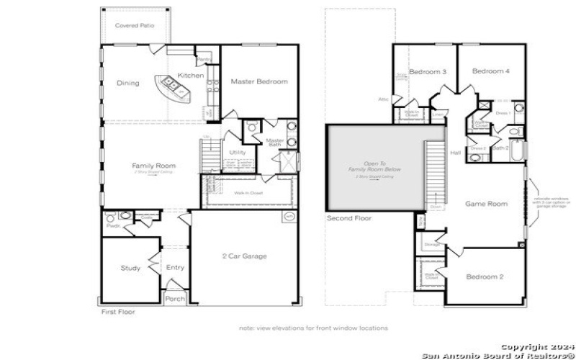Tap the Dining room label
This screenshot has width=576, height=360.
pos(128,83)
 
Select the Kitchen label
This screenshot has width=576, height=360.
pos(191,76)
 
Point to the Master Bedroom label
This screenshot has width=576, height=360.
pos(259,81)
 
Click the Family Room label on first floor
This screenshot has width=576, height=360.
pos(153,166)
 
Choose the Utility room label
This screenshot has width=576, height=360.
pos(238,153)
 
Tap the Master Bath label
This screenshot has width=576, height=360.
pos(275,143)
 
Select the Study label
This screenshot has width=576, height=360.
pos(130,269)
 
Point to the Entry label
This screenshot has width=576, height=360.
pos(175,267)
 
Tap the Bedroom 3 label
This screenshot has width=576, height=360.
pos(428,72)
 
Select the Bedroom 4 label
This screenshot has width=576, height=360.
pos(491,71)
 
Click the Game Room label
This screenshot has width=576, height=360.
pos(486,204)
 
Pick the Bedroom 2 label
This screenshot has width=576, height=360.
pos(485,277)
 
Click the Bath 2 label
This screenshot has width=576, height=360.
pos(501,148)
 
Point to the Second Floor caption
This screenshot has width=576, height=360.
pos(349,217)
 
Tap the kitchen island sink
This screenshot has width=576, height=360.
pos(174,84)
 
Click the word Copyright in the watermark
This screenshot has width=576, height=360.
pos(526,346)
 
